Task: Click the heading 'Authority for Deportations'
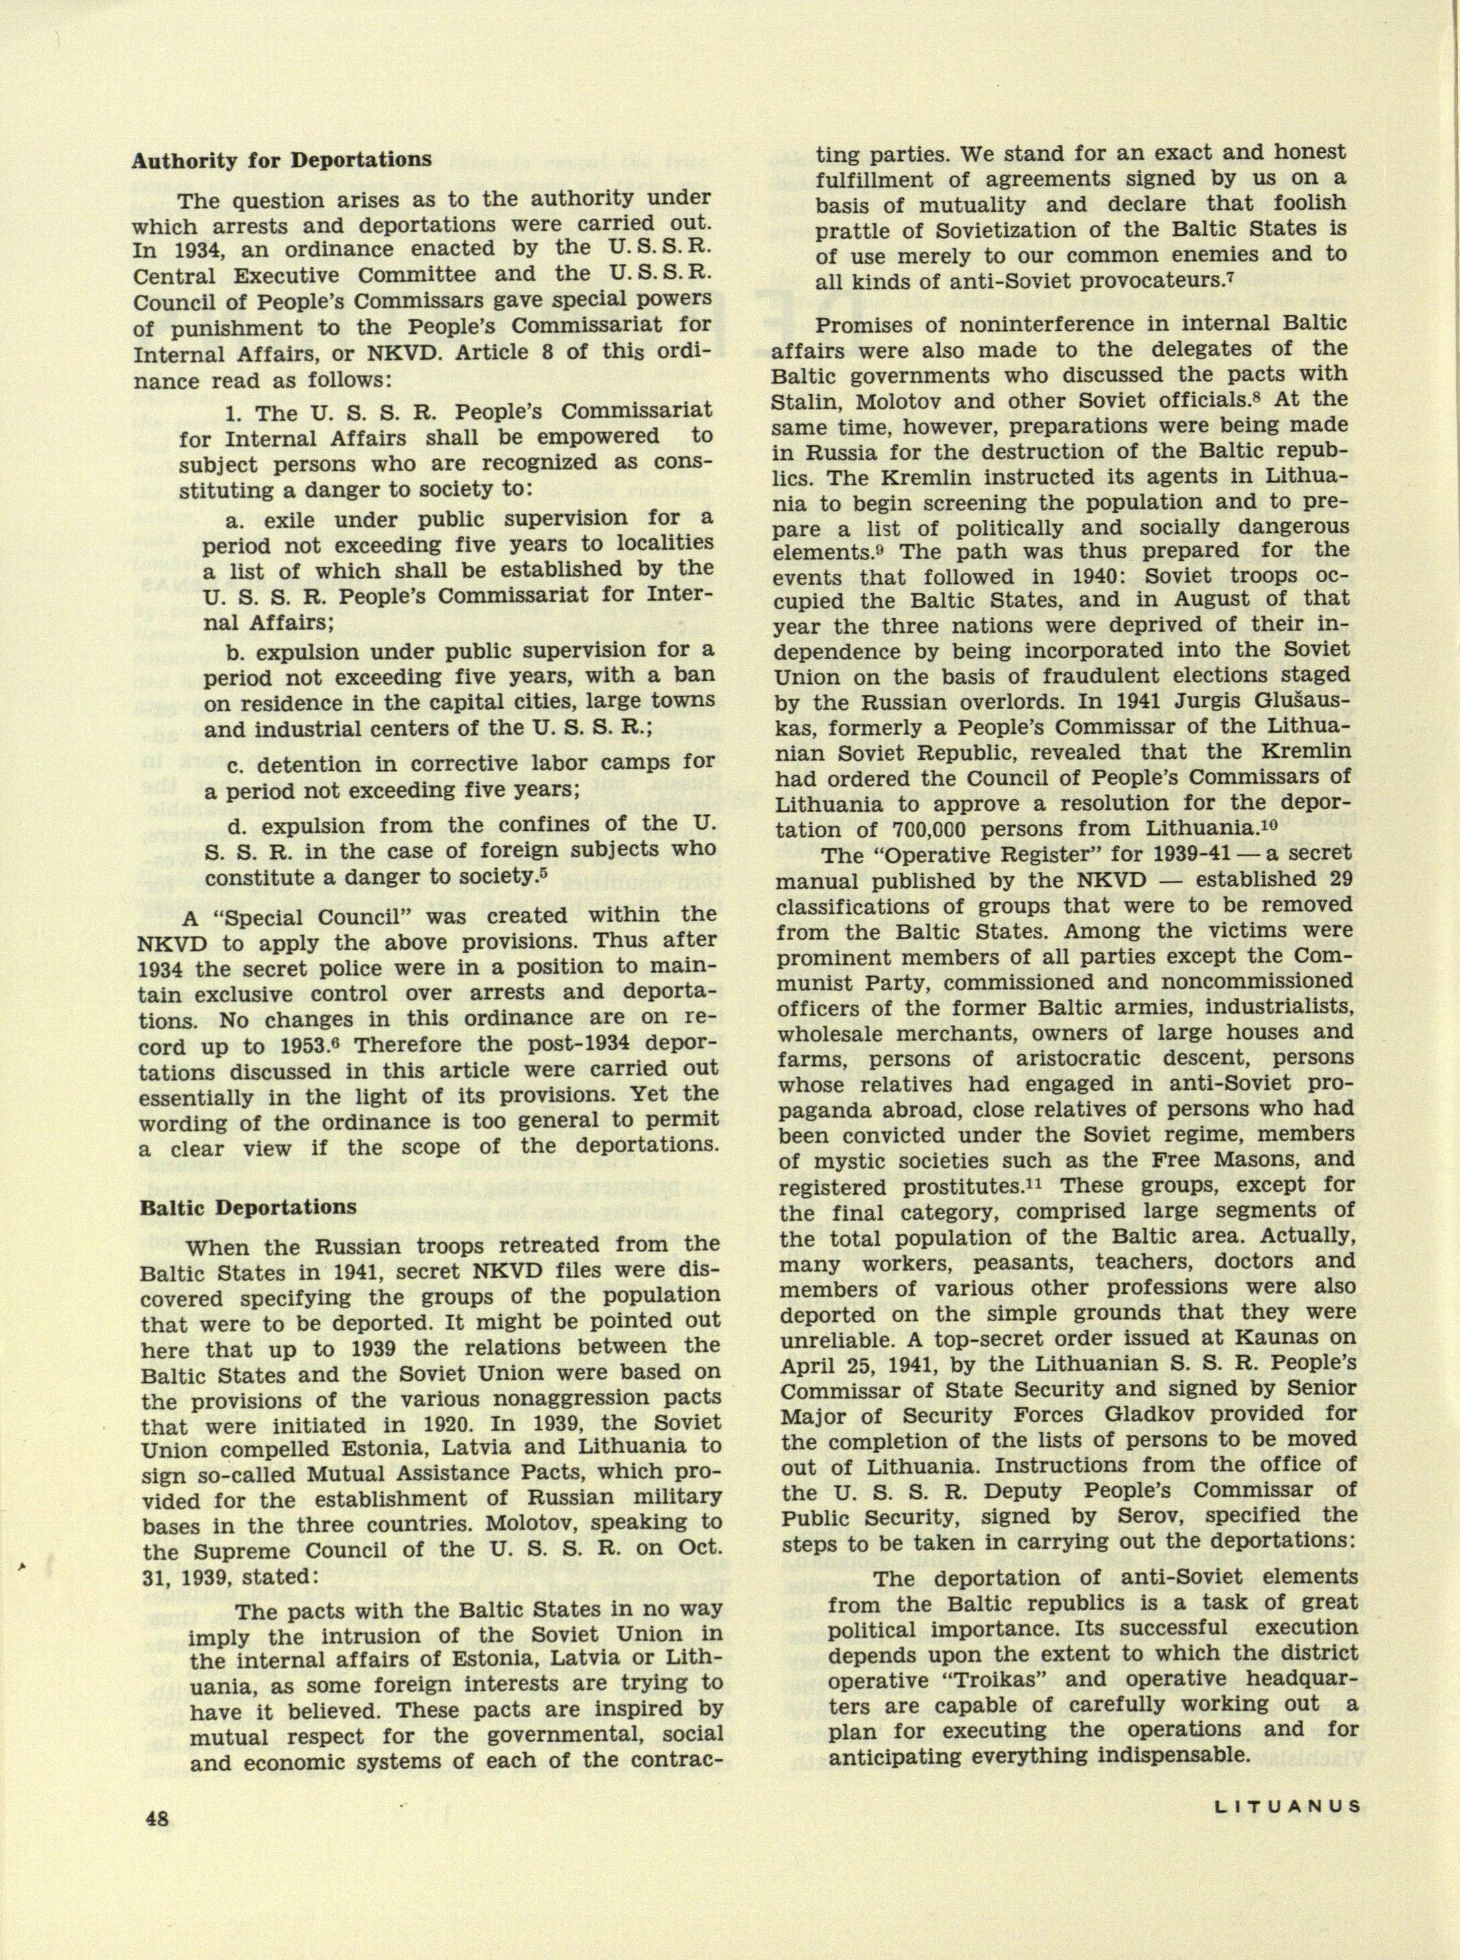click(x=281, y=160)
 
